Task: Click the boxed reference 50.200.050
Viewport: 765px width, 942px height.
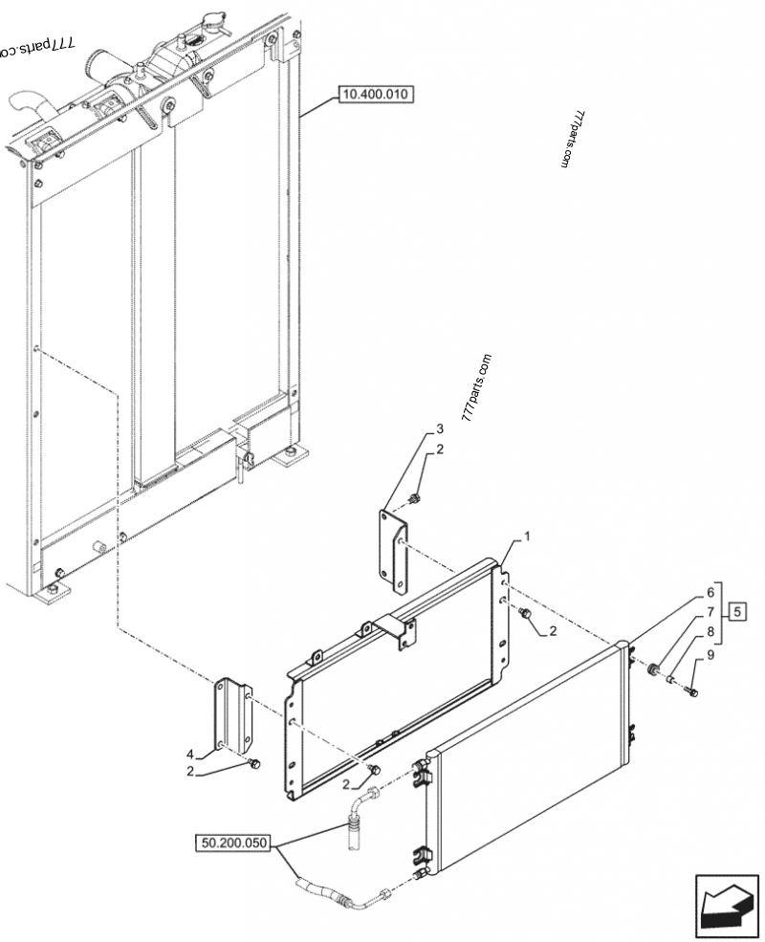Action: [x=234, y=843]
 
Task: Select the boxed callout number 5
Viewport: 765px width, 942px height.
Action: [x=738, y=609]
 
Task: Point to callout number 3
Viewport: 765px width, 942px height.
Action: [x=440, y=427]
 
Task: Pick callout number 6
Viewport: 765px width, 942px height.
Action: [x=710, y=591]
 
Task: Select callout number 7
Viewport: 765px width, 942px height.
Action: [x=710, y=609]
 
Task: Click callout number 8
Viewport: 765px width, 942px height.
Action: [x=710, y=631]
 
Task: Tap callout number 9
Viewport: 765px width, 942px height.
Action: [x=710, y=654]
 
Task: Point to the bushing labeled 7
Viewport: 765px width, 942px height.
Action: [x=653, y=669]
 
